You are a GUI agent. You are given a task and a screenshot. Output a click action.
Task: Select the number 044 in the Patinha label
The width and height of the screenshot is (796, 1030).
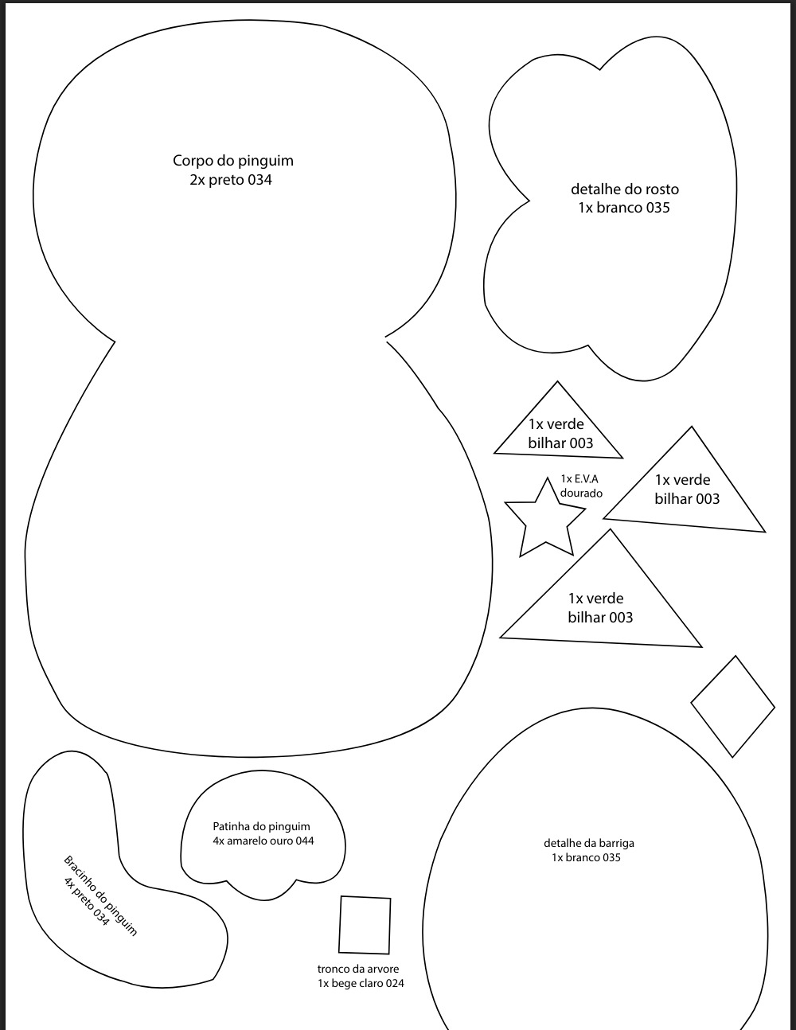tap(305, 841)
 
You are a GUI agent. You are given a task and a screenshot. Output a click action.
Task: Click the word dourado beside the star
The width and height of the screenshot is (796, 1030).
tap(581, 493)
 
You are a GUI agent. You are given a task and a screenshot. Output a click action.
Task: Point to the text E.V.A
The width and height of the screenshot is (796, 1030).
tap(587, 478)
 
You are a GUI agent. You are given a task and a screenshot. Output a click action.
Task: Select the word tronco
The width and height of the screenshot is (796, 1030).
tap(332, 969)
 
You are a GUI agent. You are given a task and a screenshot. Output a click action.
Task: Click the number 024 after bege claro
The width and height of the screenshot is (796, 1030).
tap(395, 984)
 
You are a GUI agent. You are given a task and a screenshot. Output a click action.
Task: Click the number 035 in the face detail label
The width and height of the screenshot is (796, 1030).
tap(656, 208)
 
